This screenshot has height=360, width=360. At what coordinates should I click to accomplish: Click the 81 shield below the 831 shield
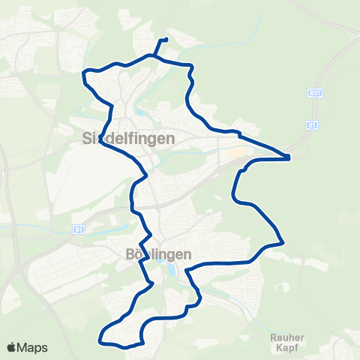pyautogui.click(x=310, y=125)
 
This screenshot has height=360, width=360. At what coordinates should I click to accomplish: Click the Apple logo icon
pyautogui.click(x=12, y=347)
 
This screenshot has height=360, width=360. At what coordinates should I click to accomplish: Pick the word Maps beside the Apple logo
pyautogui.click(x=33, y=347)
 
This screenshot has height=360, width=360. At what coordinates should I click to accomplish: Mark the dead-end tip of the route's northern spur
pyautogui.click(x=165, y=40)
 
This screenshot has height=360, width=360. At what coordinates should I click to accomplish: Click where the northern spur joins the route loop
pyautogui.click(x=155, y=55)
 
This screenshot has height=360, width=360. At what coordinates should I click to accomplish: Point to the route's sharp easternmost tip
pyautogui.click(x=289, y=157)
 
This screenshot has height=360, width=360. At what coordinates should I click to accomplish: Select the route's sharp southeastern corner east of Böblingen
pyautogui.click(x=283, y=242)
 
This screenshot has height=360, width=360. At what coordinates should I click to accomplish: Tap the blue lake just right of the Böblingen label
pyautogui.click(x=175, y=270)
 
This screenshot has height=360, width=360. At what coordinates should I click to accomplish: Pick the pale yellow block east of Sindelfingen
pyautogui.click(x=237, y=152)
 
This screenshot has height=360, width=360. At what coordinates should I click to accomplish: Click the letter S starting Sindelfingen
pyautogui.click(x=85, y=138)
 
